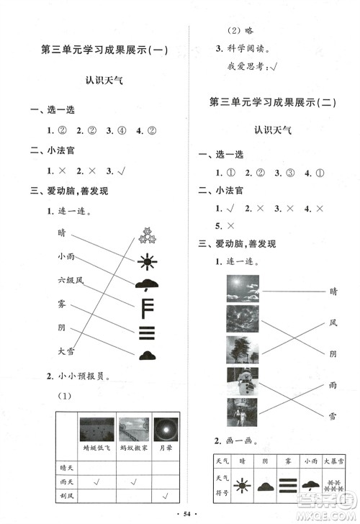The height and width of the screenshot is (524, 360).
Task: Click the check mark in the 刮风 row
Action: (x=166, y=495)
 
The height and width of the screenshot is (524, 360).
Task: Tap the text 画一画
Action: (x=235, y=440)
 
